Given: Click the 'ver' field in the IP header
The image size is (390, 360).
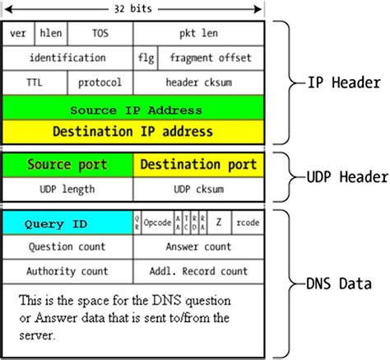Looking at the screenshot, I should pyautogui.click(x=18, y=35).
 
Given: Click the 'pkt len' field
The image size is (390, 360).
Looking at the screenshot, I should pyautogui.click(x=198, y=35).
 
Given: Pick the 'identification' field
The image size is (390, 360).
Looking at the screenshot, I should pyautogui.click(x=67, y=58).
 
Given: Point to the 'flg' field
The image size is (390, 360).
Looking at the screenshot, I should pyautogui.click(x=146, y=58).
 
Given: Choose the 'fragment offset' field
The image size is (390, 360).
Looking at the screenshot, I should pyautogui.click(x=211, y=58).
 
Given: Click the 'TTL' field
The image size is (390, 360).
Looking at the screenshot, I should pyautogui.click(x=35, y=82).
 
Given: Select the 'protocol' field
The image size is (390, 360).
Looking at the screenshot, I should pyautogui.click(x=100, y=82).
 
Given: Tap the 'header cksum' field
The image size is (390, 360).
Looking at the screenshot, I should pyautogui.click(x=198, y=82).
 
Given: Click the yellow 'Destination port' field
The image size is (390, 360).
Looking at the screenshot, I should pyautogui.click(x=198, y=165).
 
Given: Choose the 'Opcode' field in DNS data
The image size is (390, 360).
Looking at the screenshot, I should pyautogui.click(x=158, y=223).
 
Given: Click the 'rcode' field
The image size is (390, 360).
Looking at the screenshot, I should pyautogui.click(x=248, y=223).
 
